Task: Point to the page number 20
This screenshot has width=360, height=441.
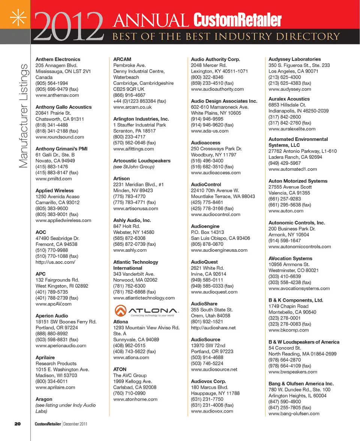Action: pos(17,424)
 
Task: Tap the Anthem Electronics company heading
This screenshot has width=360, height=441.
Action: pos(58,59)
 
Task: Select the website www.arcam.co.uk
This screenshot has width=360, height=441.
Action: pos(132,107)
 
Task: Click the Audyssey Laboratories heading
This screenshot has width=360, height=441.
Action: pos(294,59)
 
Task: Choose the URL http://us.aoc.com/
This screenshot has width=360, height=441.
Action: pos(55,262)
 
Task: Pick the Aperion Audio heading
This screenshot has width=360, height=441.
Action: pos(52,316)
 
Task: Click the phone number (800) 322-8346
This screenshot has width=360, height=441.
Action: pos(207,77)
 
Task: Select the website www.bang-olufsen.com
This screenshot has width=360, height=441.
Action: pos(294,414)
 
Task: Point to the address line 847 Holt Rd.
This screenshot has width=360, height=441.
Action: pos(126,226)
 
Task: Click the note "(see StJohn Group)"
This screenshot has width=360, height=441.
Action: pos(133,166)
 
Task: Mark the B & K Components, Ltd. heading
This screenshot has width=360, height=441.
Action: pos(295,300)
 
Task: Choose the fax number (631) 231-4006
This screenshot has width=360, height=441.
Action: pos(212,405)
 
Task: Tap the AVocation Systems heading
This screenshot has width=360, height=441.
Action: pos(290,258)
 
